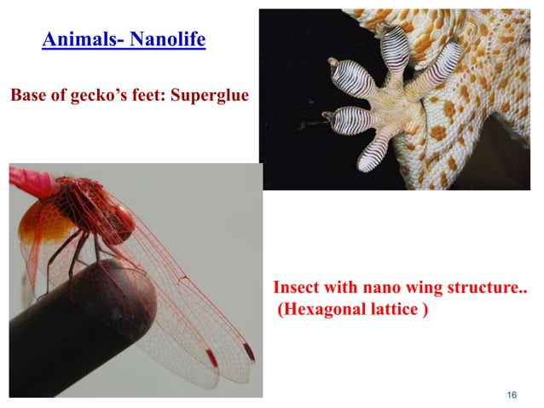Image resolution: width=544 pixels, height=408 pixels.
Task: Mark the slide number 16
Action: tap(512, 394)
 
